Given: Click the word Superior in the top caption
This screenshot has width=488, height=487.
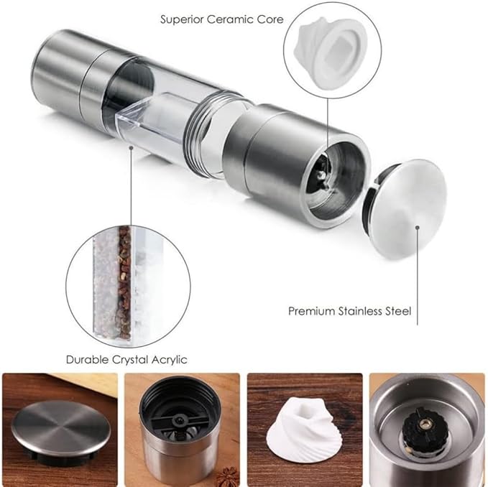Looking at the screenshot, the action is point(182,20).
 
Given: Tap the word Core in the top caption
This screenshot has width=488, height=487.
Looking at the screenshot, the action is point(270,19).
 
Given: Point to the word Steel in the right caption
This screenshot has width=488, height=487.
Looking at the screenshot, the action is point(398,311).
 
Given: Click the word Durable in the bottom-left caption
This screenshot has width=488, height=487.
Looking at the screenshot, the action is point(87,360).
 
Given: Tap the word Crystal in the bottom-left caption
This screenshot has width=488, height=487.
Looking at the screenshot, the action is point(130,361).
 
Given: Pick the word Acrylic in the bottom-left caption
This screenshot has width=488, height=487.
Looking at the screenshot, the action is point(170,361).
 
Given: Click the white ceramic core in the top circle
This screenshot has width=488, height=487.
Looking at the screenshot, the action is point(330,53).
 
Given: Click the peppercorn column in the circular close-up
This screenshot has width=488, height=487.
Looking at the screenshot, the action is point(124,283).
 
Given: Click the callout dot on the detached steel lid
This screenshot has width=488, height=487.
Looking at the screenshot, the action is point(418,228).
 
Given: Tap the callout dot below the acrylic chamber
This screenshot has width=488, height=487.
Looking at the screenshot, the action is point(132,149).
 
